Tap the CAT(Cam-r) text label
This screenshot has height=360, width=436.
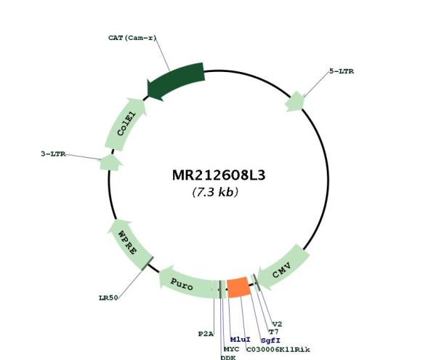(130, 37)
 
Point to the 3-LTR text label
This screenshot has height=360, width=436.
(53, 153)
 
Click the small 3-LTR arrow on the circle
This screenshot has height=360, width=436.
(109, 161)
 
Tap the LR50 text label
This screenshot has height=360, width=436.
(109, 297)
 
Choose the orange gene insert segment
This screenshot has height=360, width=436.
(239, 287)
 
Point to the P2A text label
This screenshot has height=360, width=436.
(206, 333)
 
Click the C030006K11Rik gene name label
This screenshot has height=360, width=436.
(278, 350)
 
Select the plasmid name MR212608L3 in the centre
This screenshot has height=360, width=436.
(214, 176)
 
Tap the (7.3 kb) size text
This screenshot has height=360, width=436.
(215, 193)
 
